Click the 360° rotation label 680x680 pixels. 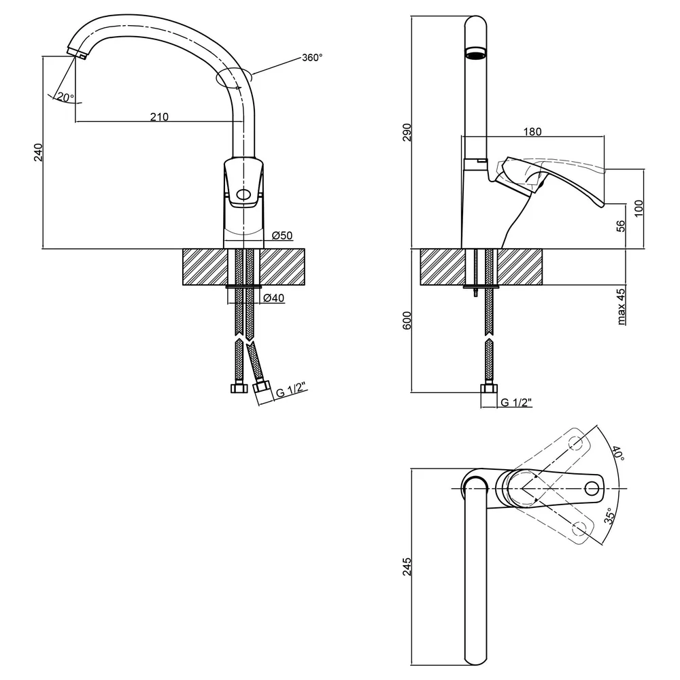pos(312,58)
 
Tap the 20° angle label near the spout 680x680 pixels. pos(65,97)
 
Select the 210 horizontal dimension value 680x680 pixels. pos(159,117)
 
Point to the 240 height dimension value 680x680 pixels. pos(39,152)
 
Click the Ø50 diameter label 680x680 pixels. pos(282,235)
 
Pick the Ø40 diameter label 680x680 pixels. pos(274,298)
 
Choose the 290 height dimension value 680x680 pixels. pos(407,133)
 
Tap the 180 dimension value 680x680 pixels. pos(532,131)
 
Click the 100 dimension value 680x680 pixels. pos(639,209)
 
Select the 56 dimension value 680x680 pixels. pos(621,226)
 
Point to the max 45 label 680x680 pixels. pos(621,307)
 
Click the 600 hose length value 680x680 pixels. pos(407,320)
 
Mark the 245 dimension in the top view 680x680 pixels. pos(407,567)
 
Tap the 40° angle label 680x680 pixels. pos(619,453)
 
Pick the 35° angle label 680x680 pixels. pos(610,516)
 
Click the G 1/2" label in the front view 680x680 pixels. pos(292,390)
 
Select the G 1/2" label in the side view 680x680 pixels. pos(516,403)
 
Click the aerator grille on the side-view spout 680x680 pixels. pos(476,54)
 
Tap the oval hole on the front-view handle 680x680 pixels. pos(243,194)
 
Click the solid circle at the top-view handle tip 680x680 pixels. pos(592,489)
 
